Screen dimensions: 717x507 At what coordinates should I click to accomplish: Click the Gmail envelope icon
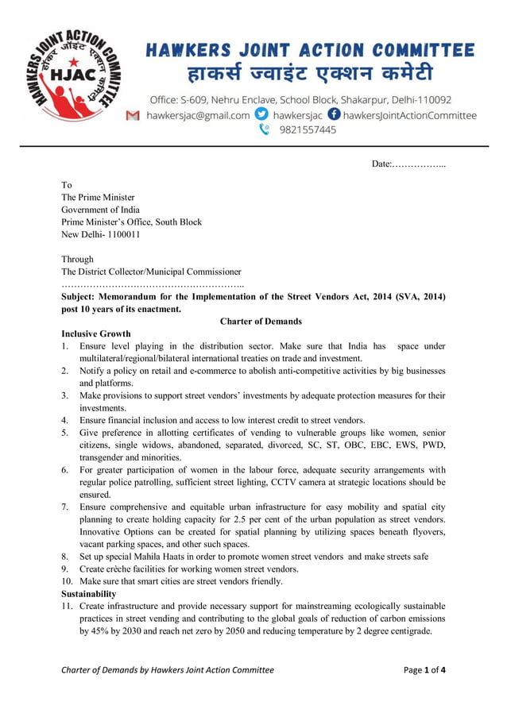(133, 115)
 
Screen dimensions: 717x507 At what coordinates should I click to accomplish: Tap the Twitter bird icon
(260, 114)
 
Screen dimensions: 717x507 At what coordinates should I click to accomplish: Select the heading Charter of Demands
(261, 322)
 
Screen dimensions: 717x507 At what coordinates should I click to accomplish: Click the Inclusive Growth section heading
(96, 333)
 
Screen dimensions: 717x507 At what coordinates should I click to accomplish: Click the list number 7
(65, 507)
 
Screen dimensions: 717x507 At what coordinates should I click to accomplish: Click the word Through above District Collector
(78, 260)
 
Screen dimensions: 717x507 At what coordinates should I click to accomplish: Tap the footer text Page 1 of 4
(424, 669)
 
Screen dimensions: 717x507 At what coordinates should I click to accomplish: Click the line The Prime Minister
(99, 198)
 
